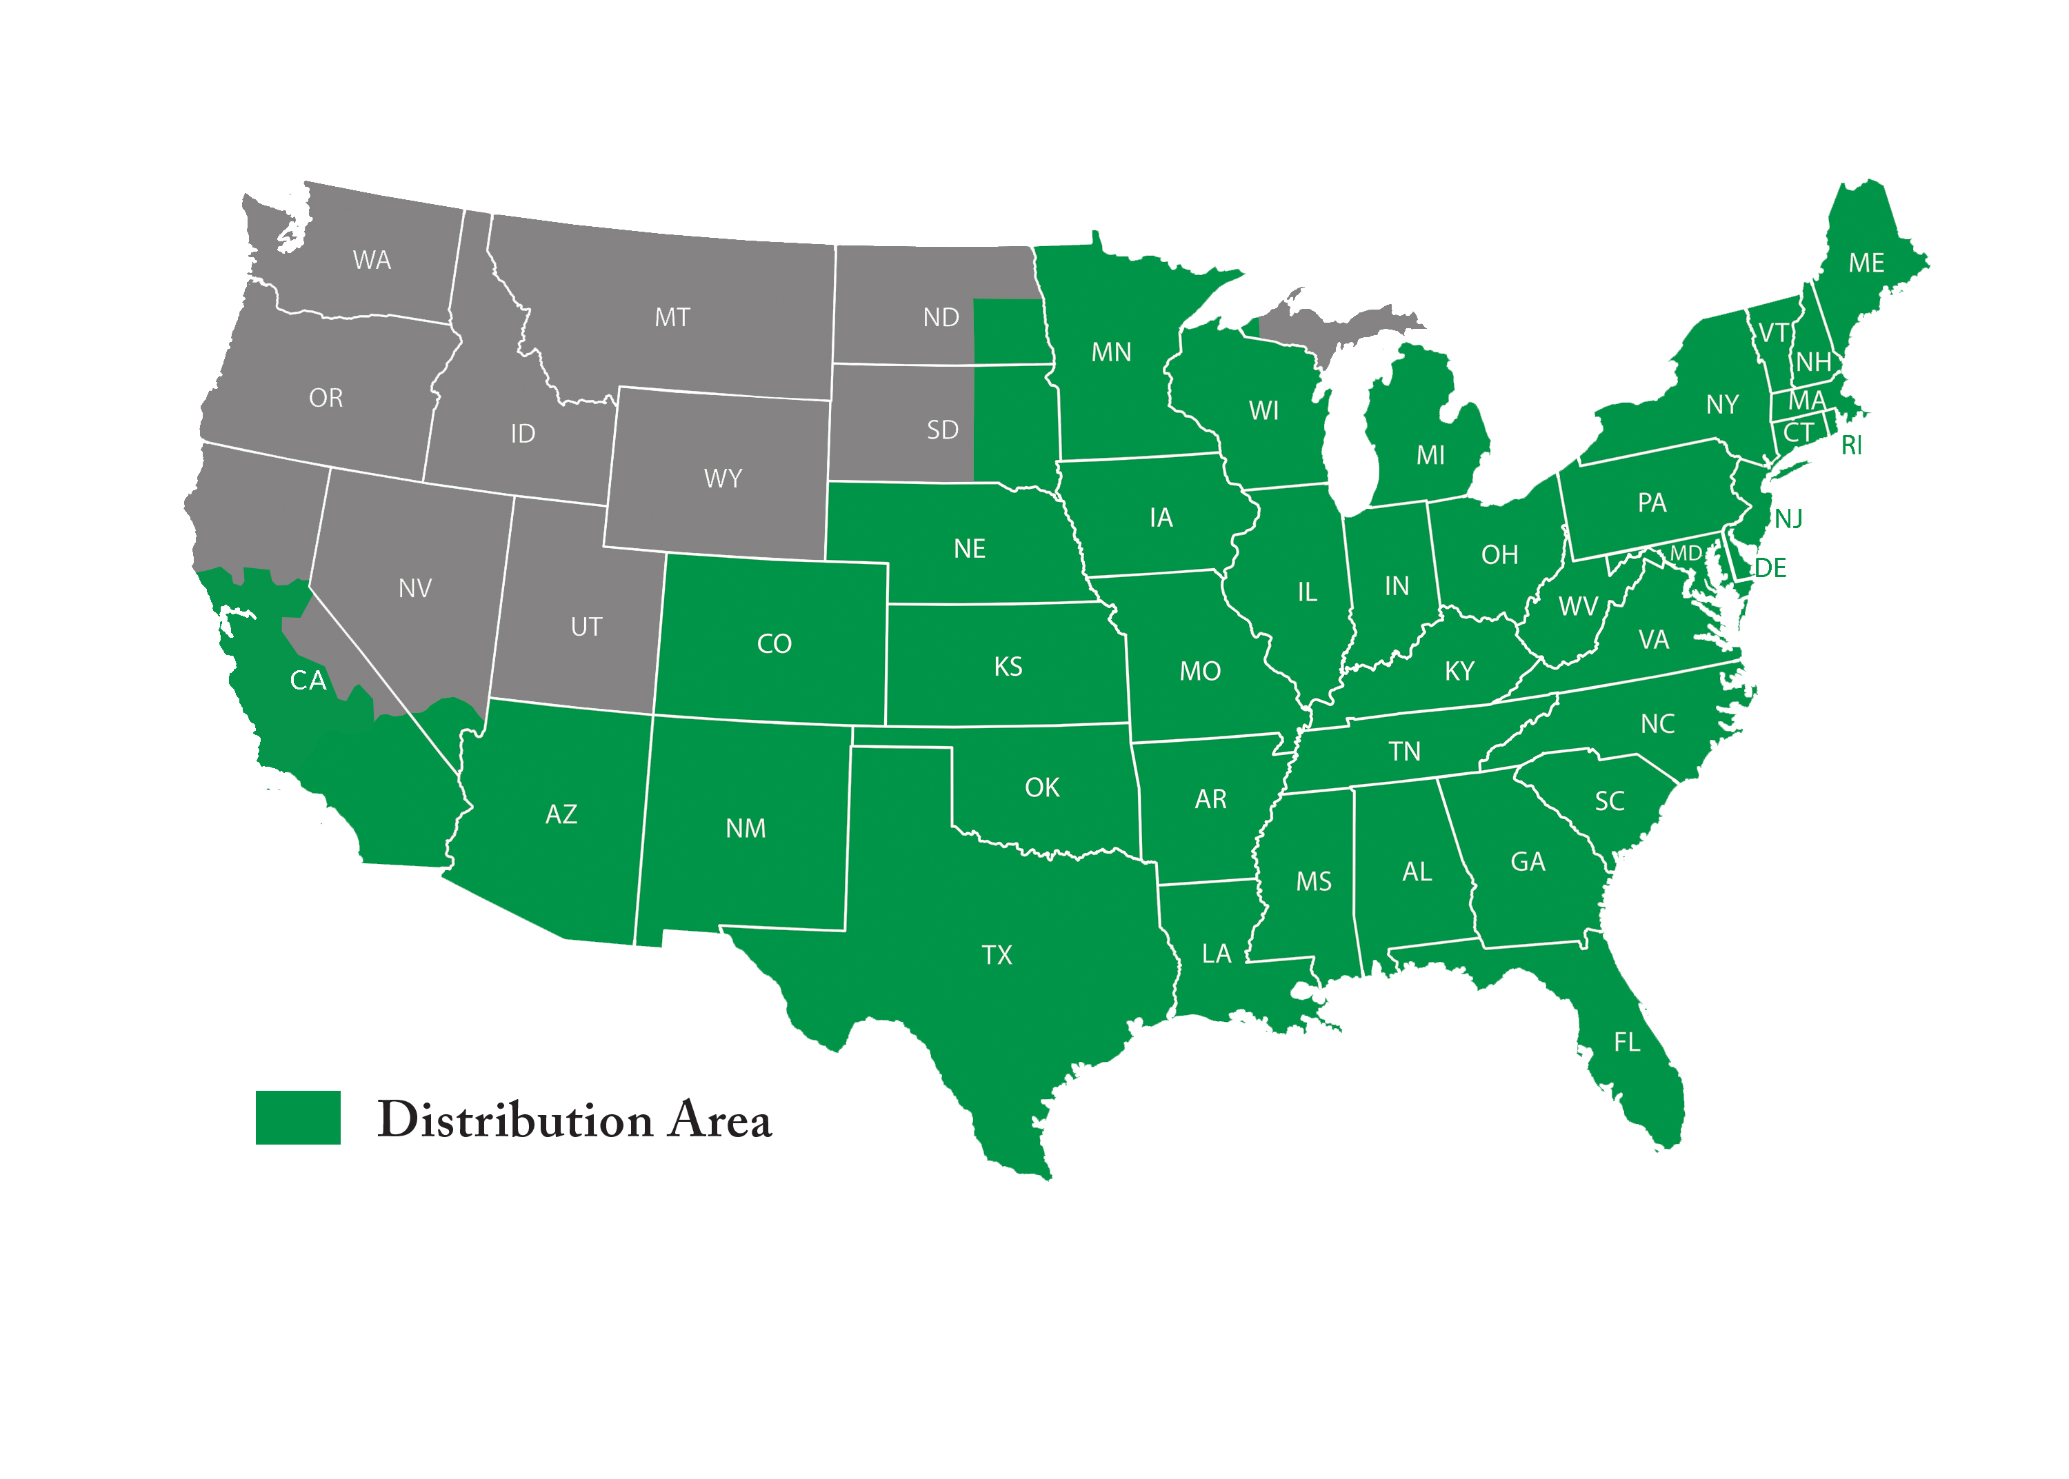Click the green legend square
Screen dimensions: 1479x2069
[298, 1118]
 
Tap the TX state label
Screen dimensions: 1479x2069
[997, 954]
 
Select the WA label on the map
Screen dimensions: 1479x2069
[372, 261]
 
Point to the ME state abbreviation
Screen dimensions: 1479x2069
[1866, 263]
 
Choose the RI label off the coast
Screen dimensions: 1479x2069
[1851, 445]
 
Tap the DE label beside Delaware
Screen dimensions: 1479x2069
[1770, 568]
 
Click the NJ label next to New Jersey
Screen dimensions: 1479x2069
[1788, 519]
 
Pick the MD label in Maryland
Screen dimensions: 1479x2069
[1686, 553]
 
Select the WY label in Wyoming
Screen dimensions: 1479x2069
[722, 478]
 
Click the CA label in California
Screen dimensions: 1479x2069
[308, 681]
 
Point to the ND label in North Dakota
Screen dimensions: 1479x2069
[941, 317]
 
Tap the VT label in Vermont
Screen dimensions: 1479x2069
[1772, 332]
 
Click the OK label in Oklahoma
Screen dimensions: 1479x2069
[1042, 787]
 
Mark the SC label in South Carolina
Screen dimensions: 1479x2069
[1609, 801]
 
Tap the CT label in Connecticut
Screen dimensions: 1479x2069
[1799, 432]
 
